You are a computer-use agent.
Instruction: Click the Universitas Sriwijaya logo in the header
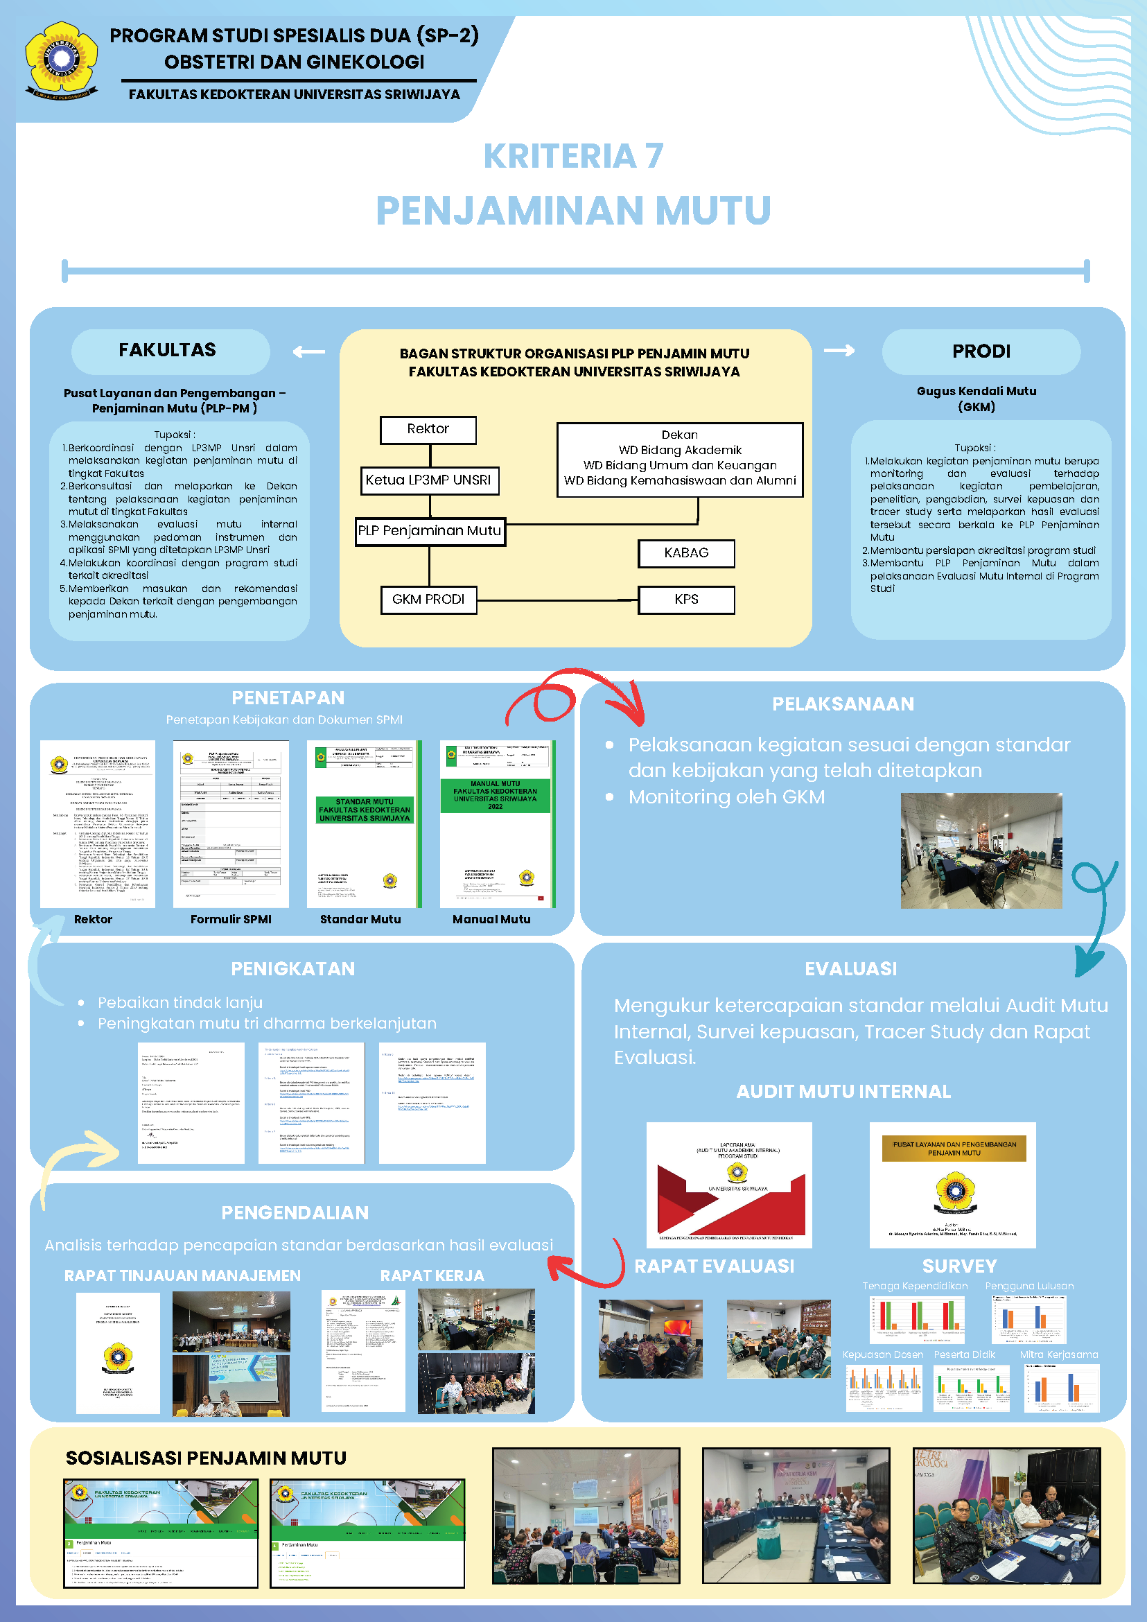(62, 60)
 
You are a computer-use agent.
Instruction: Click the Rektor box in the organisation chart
(428, 430)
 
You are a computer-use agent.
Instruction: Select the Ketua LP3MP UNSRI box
(429, 480)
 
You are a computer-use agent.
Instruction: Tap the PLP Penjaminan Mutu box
(430, 531)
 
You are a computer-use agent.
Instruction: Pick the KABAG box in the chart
(686, 553)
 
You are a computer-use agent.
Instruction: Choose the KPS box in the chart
(686, 600)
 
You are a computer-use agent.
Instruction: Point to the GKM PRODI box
(428, 600)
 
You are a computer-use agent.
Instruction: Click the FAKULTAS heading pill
(170, 351)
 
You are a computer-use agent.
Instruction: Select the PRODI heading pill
(981, 352)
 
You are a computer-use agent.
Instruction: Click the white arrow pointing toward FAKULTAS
(309, 352)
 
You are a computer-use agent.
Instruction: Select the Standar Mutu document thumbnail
(365, 823)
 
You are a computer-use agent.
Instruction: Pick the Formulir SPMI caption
(231, 919)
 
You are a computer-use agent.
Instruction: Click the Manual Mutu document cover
(496, 823)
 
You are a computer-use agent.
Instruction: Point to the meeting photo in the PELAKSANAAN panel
(981, 851)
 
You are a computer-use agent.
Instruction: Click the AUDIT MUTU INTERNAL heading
(843, 1092)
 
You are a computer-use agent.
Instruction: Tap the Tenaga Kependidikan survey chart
(917, 1318)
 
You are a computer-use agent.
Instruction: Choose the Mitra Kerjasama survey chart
(1062, 1388)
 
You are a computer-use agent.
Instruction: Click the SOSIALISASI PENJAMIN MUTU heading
(207, 1458)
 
